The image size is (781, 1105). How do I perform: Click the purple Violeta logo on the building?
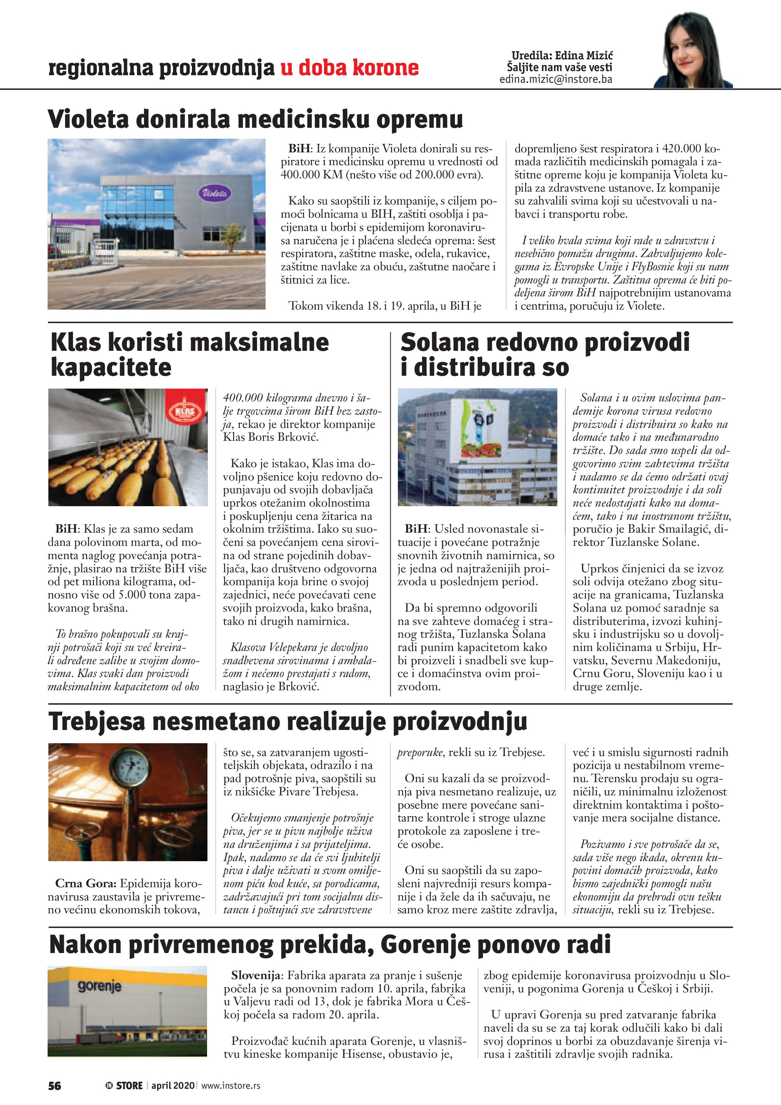tap(215, 194)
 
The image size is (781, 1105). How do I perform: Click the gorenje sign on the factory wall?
tap(99, 986)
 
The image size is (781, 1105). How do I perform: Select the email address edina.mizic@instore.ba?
tap(555, 79)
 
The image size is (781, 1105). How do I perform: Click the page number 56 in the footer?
tap(55, 1085)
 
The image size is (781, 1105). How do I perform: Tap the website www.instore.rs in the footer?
tap(230, 1085)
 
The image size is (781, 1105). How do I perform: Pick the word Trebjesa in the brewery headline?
tap(97, 722)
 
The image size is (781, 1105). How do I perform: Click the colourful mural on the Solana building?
tap(481, 427)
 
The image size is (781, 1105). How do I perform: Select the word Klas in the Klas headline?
tap(76, 343)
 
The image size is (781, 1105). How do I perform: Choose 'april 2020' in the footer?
tap(173, 1085)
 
